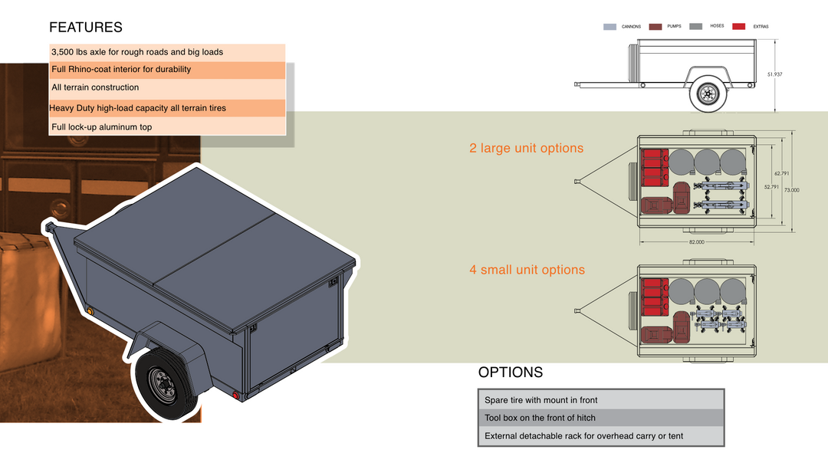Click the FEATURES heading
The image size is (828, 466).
pos(85,28)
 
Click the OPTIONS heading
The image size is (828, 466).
pos(510,372)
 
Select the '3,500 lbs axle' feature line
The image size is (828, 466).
pos(137,52)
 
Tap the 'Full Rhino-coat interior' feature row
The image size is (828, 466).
pos(121,70)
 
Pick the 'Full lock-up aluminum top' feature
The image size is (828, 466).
pos(102,127)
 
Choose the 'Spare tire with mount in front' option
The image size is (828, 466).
pos(540,400)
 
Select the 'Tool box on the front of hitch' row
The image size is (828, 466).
pos(540,418)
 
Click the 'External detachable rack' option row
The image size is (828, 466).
pos(583,436)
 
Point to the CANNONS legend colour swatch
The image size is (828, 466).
pos(609,27)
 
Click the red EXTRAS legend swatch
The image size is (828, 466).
pos(738,27)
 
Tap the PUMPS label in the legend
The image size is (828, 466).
pos(674,26)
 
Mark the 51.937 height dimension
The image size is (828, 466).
pos(774,74)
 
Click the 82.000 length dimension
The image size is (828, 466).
pos(696,242)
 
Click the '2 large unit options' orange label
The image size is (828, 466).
pos(526,148)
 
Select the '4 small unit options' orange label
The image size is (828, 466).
pos(527,270)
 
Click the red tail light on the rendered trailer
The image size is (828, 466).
pos(237,396)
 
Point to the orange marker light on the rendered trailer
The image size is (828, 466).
pos(90,311)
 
